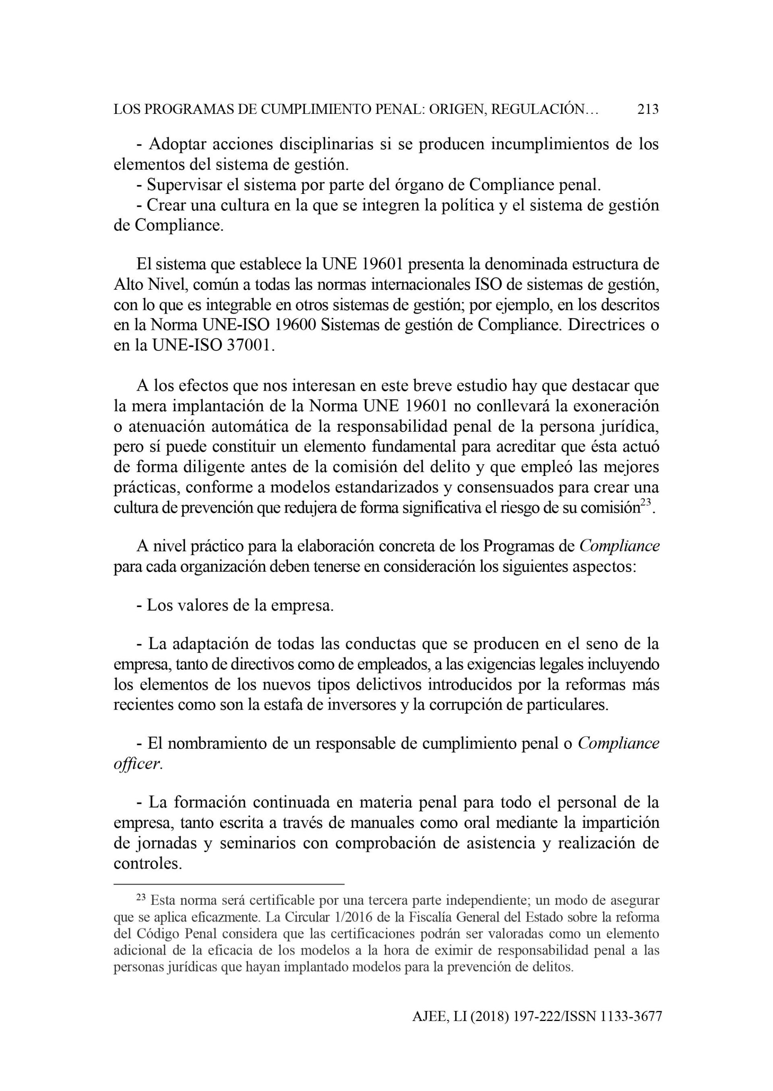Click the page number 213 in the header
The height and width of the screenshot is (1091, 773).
[648, 110]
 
